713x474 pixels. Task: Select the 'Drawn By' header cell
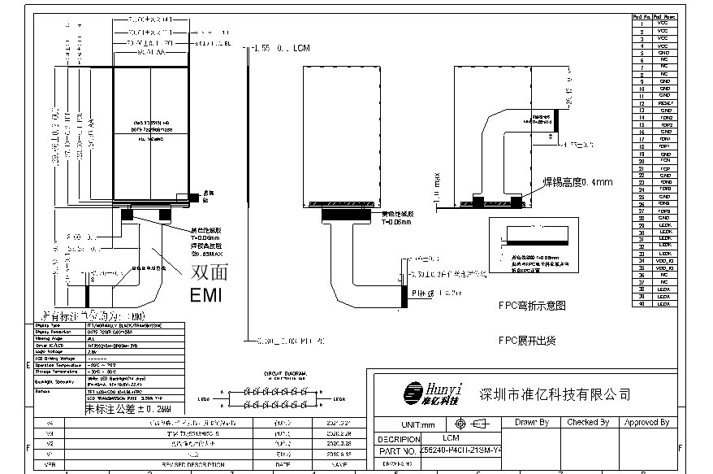[x=532, y=422]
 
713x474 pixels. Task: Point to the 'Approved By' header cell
[x=646, y=422]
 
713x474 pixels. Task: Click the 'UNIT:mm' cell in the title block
[x=418, y=424]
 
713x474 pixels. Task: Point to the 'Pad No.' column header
[x=642, y=15]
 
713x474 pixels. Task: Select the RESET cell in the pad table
[x=664, y=103]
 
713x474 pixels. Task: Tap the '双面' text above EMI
[x=206, y=272]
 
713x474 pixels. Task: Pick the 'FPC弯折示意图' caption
[x=532, y=306]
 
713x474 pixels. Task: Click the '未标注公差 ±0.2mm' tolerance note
[x=129, y=408]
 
